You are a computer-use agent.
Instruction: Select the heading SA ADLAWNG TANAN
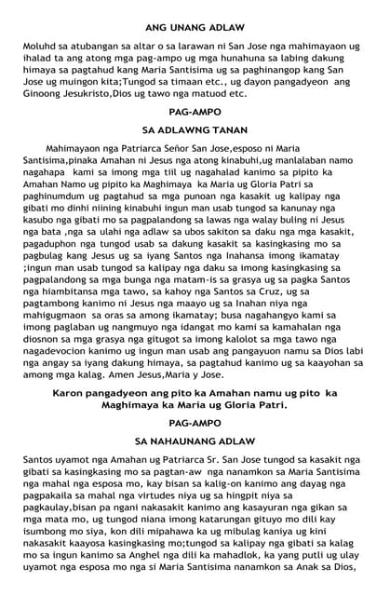coord(195,131)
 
